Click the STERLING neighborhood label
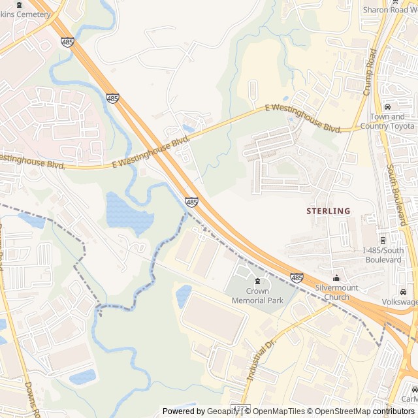[329, 211]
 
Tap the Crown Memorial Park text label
[257, 296]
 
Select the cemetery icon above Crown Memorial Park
[257, 281]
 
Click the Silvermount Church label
[337, 292]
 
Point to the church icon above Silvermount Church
[337, 278]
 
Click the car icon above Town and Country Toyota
[387, 107]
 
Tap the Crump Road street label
[370, 72]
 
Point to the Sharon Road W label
[389, 10]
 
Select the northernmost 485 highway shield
[68, 42]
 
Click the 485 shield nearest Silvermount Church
[297, 278]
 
